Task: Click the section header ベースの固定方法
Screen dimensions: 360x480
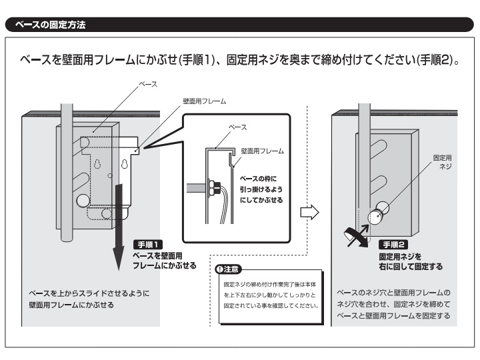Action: [46, 25]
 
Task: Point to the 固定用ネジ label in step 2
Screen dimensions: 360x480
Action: [442, 162]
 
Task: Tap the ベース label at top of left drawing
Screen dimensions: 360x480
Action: [147, 85]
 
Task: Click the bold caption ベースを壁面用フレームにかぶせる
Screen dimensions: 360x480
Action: [165, 260]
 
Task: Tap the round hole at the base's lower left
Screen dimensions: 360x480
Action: [83, 201]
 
